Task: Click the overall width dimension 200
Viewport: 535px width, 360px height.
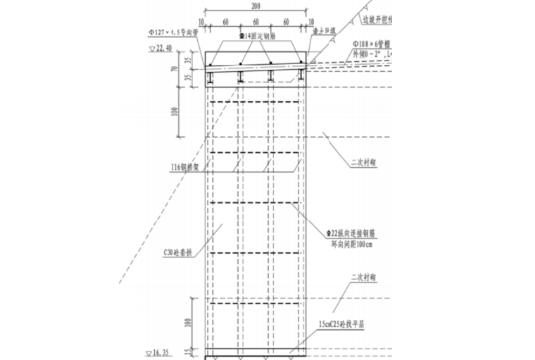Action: pyautogui.click(x=256, y=6)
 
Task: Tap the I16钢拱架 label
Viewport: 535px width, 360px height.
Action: pyautogui.click(x=186, y=167)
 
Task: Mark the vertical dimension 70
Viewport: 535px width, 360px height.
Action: pyautogui.click(x=172, y=70)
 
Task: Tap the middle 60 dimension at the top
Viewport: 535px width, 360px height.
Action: pyautogui.click(x=256, y=22)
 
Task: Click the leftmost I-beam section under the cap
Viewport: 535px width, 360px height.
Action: pyautogui.click(x=209, y=75)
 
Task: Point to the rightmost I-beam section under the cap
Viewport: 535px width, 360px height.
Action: pyautogui.click(x=301, y=75)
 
